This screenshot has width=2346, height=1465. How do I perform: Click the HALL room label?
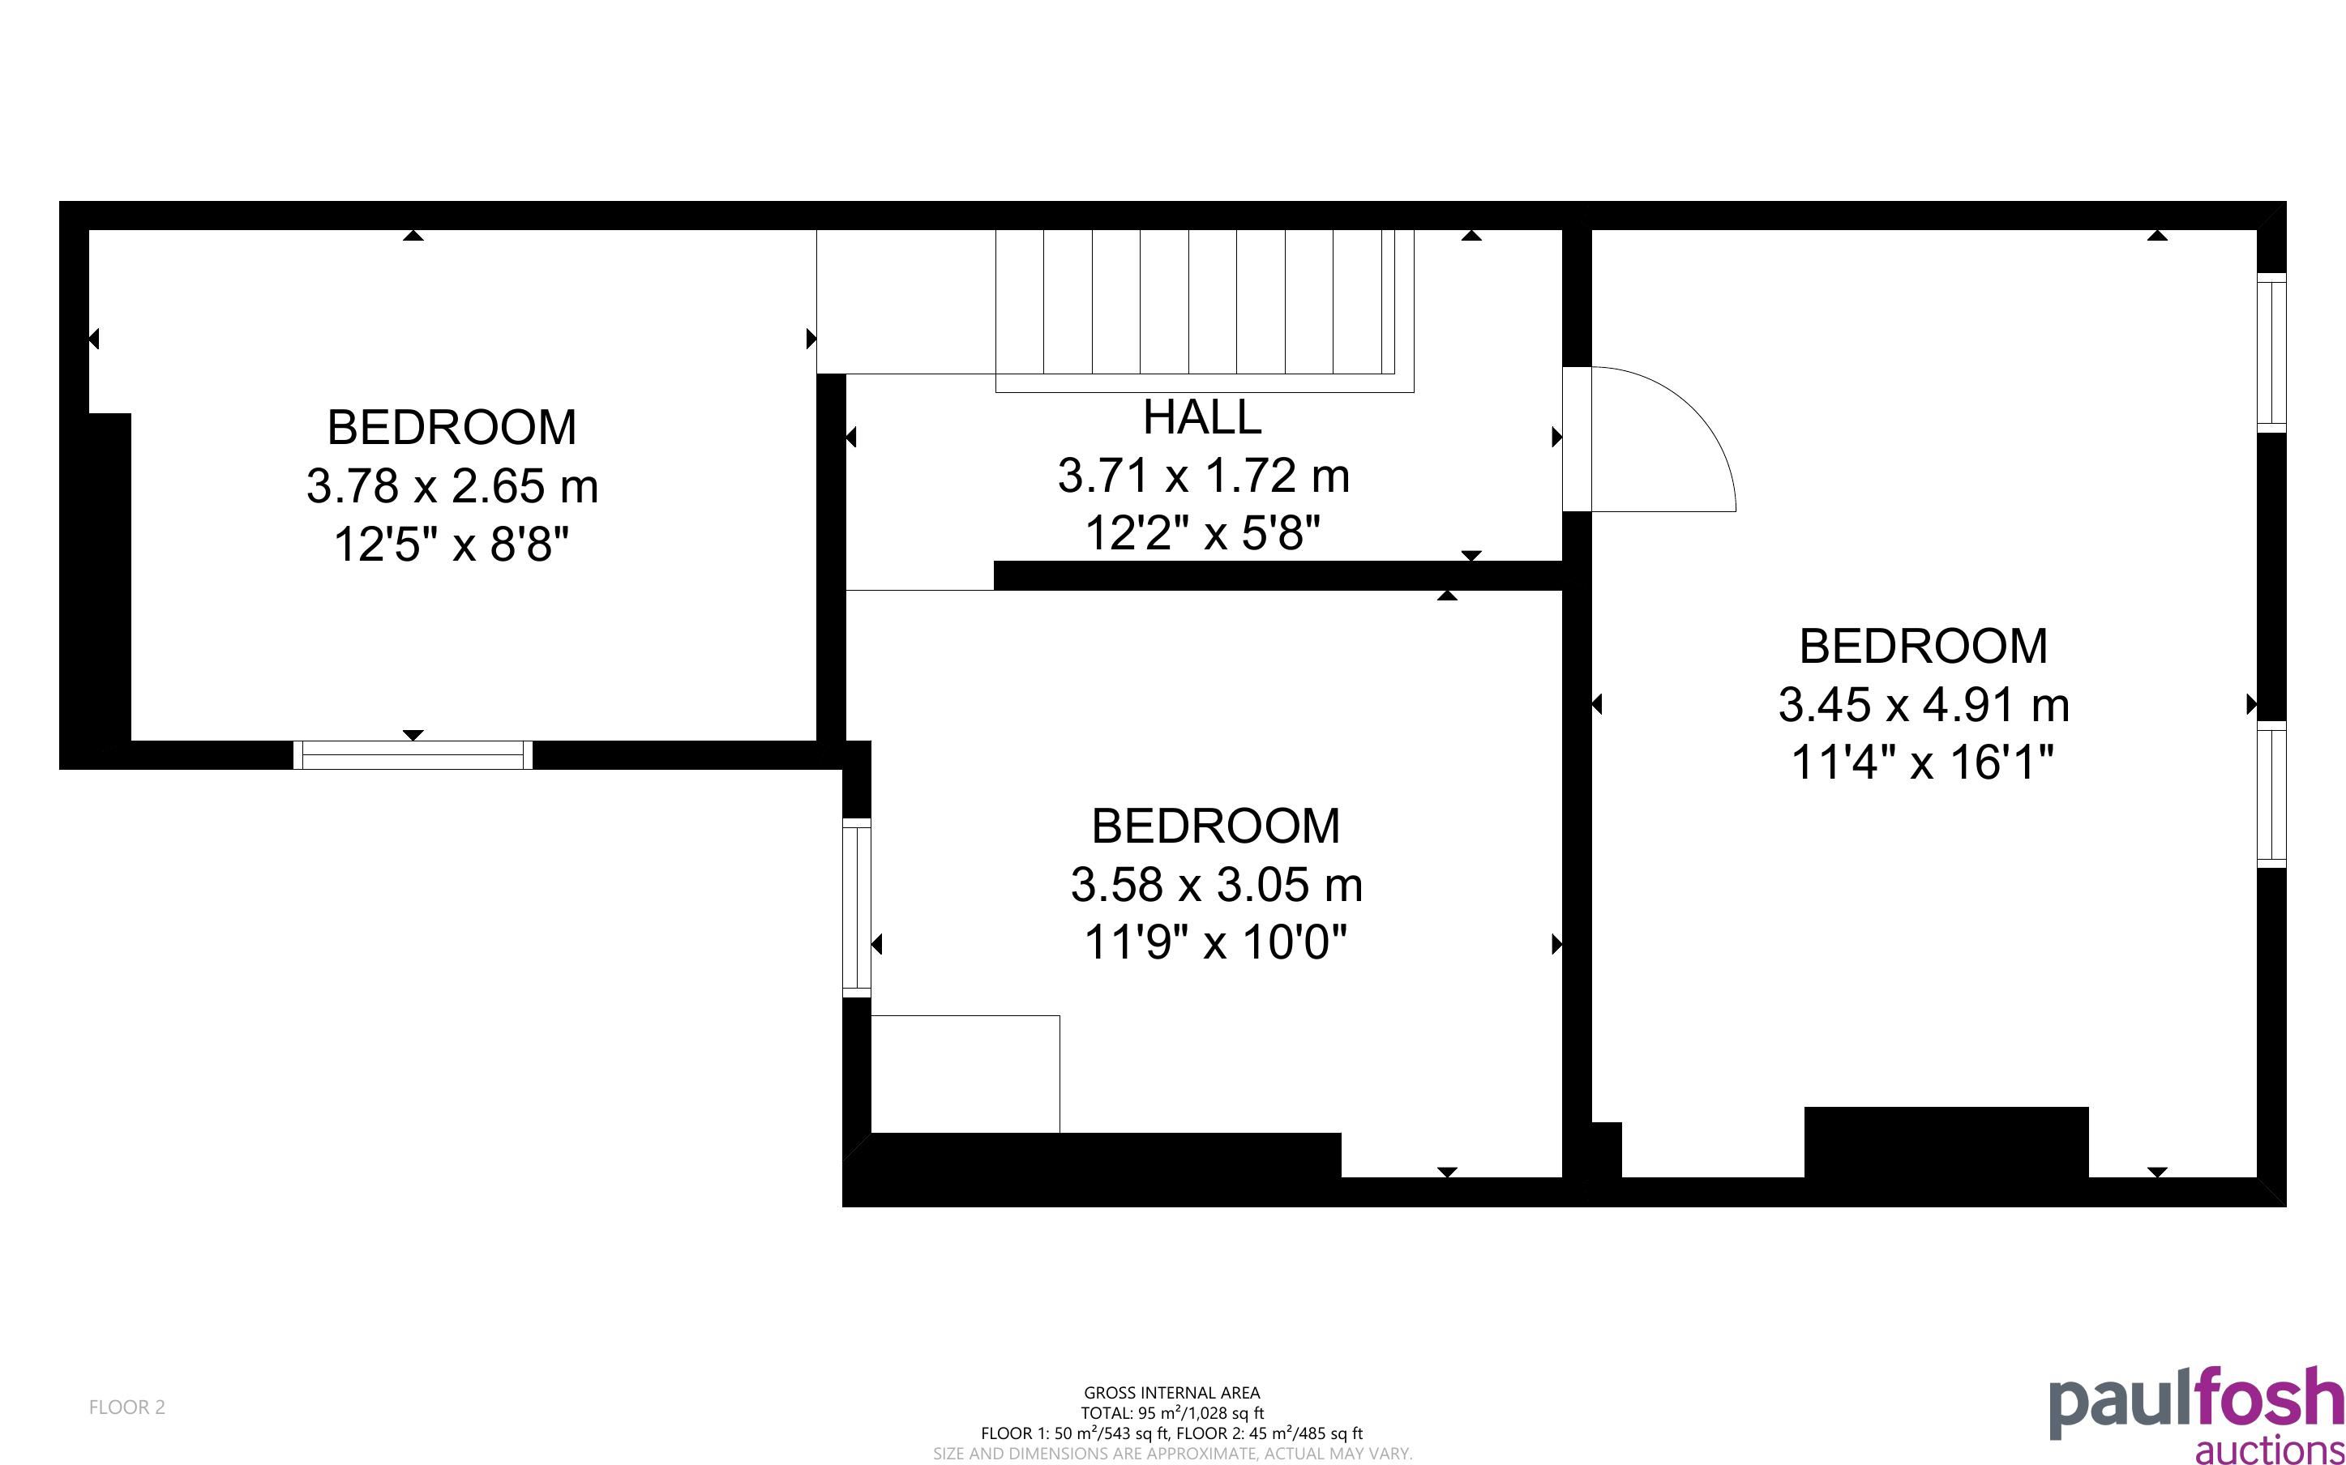[1201, 417]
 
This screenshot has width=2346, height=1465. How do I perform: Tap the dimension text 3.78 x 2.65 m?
[452, 485]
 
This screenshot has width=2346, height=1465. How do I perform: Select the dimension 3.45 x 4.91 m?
[1924, 704]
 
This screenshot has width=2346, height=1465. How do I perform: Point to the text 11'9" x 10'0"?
[1215, 942]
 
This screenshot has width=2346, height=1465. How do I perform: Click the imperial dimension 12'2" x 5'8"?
[1202, 533]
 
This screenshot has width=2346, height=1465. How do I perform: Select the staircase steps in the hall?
[1205, 310]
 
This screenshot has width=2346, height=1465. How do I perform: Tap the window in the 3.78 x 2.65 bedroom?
[413, 755]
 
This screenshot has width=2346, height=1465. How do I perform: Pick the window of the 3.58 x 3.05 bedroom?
[857, 907]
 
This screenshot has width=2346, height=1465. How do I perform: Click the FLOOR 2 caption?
[127, 1407]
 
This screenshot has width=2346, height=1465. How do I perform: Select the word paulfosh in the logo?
[2196, 1403]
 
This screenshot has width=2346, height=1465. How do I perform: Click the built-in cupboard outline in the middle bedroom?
[965, 1074]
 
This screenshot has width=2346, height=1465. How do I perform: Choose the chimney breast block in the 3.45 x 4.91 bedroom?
[1946, 1142]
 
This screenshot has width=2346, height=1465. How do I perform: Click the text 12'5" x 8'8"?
[451, 545]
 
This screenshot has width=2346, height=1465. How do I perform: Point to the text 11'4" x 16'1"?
[1923, 762]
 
